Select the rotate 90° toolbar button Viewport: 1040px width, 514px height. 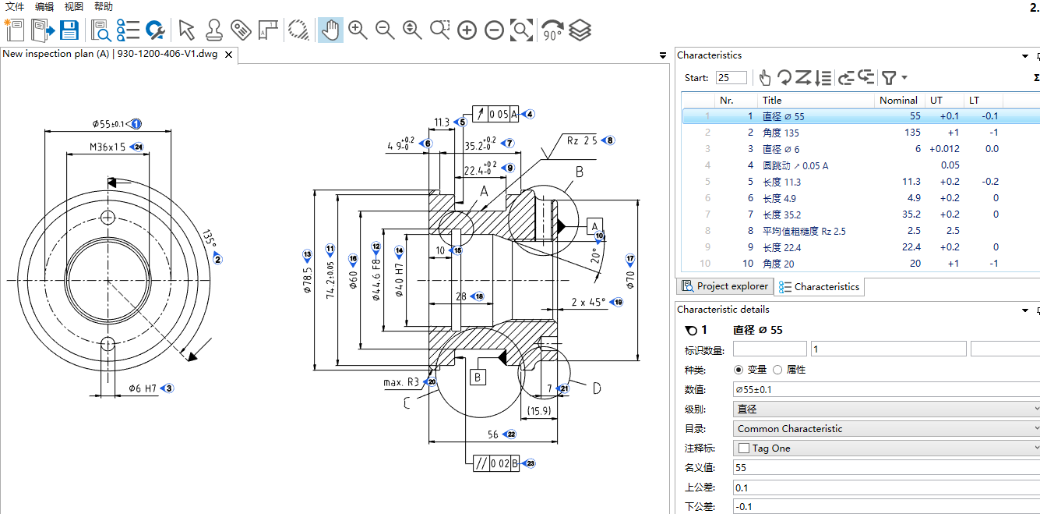[x=552, y=30]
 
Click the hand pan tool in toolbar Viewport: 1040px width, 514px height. [x=330, y=30]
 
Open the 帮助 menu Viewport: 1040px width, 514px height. [x=103, y=6]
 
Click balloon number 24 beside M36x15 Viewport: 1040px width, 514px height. [x=139, y=147]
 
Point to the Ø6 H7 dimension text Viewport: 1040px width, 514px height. [x=143, y=388]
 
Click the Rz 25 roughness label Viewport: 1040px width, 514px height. [x=581, y=140]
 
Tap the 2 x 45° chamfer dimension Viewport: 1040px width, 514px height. [x=588, y=302]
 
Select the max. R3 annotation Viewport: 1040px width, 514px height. [x=401, y=382]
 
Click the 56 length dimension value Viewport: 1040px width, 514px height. [x=492, y=434]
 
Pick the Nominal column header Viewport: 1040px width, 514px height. [x=898, y=101]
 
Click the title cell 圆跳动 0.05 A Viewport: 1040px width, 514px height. [x=795, y=165]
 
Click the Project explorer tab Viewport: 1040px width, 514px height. [x=724, y=286]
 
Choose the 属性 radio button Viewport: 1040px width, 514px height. [x=777, y=370]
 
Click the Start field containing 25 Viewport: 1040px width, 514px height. [x=732, y=78]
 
